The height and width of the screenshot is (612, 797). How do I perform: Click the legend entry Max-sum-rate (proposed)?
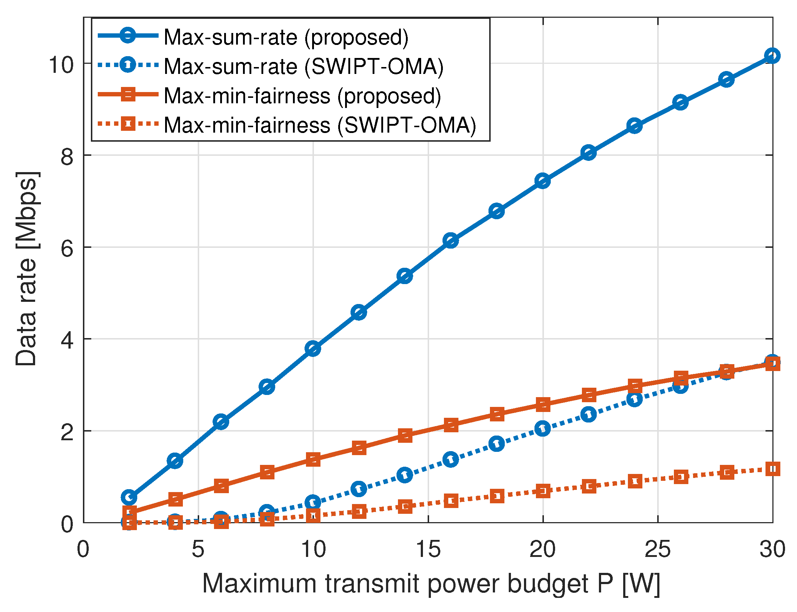tap(286, 37)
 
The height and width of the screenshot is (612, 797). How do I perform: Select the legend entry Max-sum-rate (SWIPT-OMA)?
tap(303, 67)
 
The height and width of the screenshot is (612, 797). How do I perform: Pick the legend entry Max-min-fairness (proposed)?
tap(302, 96)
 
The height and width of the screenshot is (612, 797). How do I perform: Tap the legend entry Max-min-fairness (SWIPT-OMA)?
tap(320, 125)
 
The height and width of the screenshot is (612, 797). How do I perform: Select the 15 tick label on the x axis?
tap(428, 549)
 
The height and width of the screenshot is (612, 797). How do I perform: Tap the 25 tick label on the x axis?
tap(658, 549)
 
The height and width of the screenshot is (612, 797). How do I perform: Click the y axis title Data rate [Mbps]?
tap(26, 268)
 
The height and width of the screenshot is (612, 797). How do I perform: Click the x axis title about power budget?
tap(431, 584)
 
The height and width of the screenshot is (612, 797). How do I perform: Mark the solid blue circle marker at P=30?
tap(772, 56)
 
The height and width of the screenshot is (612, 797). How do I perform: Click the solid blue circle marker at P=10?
tap(313, 349)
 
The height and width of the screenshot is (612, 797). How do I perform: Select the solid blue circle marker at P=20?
tap(542, 181)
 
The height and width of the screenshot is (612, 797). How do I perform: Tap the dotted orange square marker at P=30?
tap(772, 469)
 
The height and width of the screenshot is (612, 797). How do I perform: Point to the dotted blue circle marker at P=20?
tap(542, 428)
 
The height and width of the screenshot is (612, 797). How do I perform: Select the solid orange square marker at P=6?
tap(221, 486)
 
